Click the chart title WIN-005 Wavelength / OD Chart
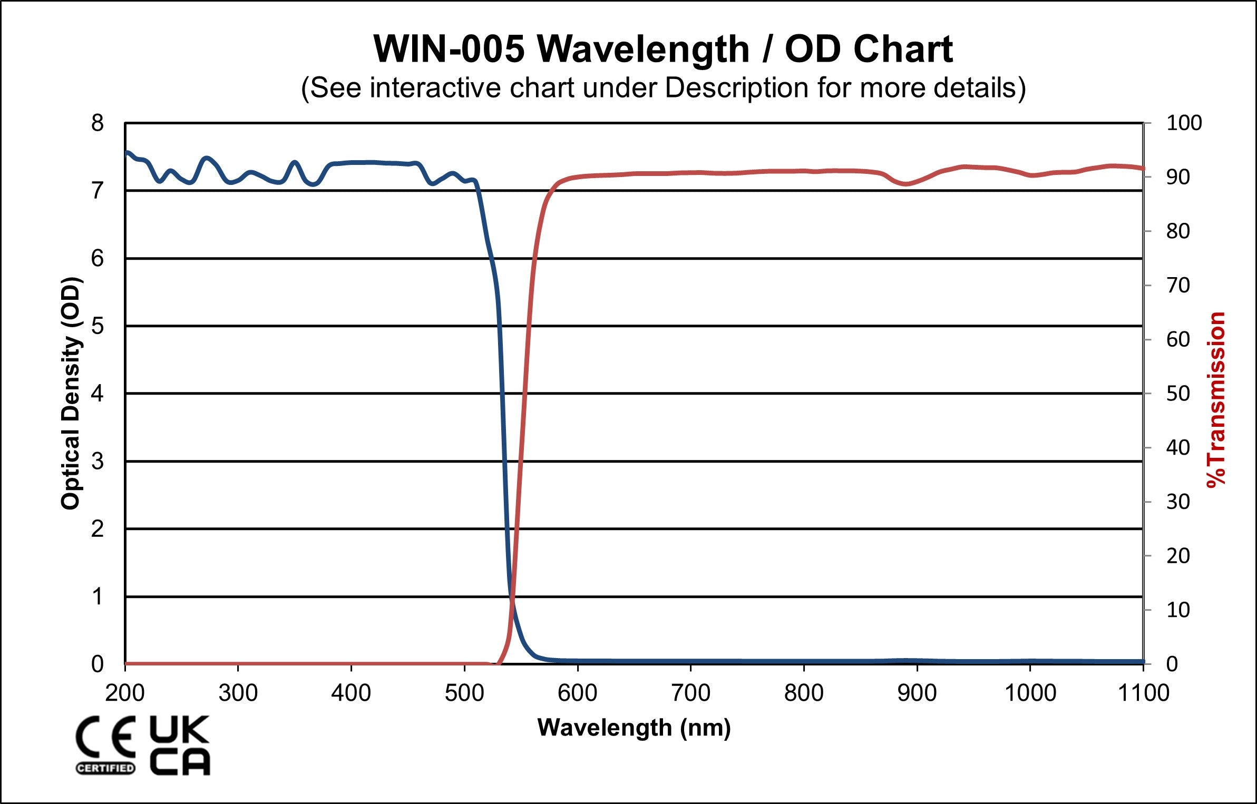pyautogui.click(x=663, y=49)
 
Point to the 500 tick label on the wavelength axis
pyautogui.click(x=464, y=693)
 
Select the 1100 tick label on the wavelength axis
pyautogui.click(x=1143, y=693)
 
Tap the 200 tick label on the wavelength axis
pyautogui.click(x=125, y=693)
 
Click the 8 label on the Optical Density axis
pyautogui.click(x=98, y=123)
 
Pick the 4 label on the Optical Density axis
pyautogui.click(x=98, y=393)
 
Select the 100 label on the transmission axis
pyautogui.click(x=1184, y=123)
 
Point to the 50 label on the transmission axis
pyautogui.click(x=1178, y=394)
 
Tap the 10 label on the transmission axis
pyautogui.click(x=1178, y=610)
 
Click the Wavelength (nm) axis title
pyautogui.click(x=634, y=728)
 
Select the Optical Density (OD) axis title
pyautogui.click(x=71, y=393)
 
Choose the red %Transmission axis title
pyautogui.click(x=1216, y=400)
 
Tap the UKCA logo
pyautogui.click(x=180, y=745)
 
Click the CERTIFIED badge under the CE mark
pyautogui.click(x=105, y=768)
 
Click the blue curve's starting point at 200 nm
pyautogui.click(x=126, y=152)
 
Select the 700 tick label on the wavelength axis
pyautogui.click(x=690, y=693)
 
